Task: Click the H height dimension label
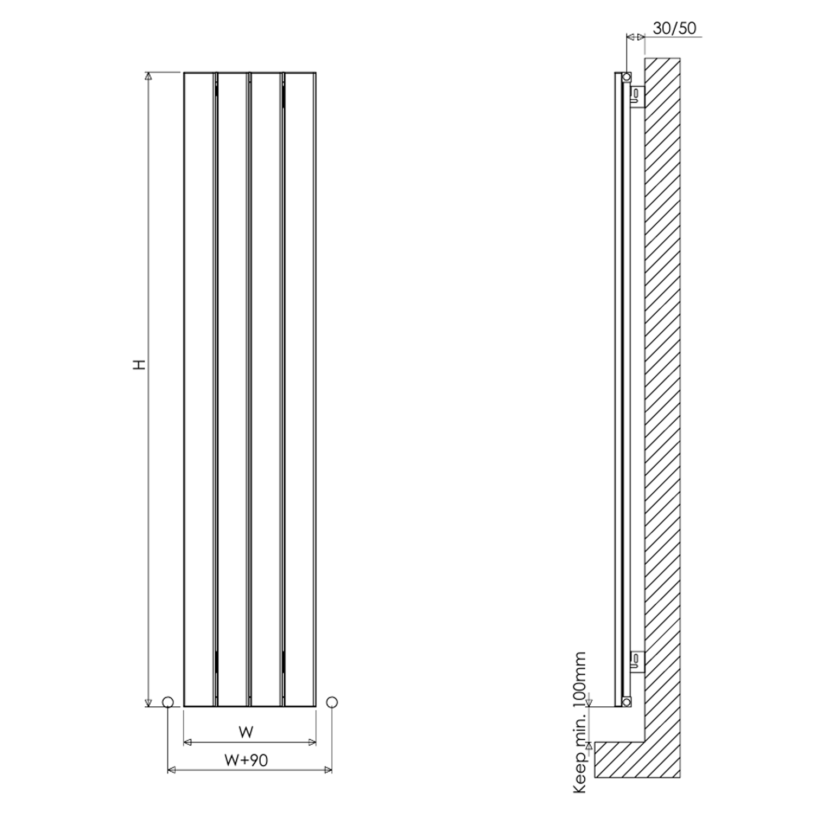pos(140,364)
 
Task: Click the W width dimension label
pos(246,732)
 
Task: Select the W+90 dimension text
pos(246,760)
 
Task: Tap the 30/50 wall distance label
pos(674,28)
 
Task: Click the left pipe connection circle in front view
pos(168,702)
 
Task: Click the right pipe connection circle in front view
pos(332,702)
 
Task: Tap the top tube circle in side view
pos(627,77)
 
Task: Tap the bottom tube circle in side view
pos(627,702)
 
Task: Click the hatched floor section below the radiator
pos(623,759)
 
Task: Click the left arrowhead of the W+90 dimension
pos(172,770)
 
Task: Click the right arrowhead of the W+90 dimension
pos(328,770)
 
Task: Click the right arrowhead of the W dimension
pos(312,742)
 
